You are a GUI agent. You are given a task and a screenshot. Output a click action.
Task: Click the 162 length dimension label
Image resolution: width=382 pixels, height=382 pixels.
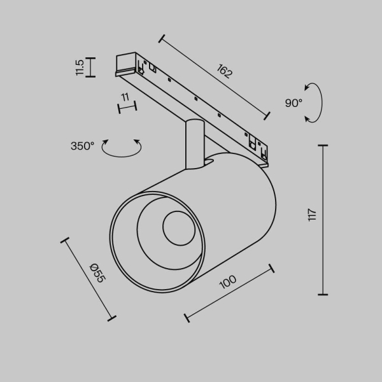pos(224,71)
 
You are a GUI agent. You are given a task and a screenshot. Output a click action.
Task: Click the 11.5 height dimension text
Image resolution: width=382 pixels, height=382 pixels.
pos(79,67)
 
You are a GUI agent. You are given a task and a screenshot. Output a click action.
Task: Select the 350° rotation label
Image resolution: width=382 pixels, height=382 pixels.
pos(82,146)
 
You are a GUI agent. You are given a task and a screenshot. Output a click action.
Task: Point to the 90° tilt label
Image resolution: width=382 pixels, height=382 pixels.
pos(294,103)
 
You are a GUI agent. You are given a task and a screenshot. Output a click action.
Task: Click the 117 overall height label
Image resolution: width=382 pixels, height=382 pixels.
pos(312,215)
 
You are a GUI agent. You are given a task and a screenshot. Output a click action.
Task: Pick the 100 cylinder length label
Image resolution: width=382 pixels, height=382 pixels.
pos(228,281)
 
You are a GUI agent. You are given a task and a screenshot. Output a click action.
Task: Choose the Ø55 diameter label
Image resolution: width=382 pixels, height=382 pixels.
pos(97,273)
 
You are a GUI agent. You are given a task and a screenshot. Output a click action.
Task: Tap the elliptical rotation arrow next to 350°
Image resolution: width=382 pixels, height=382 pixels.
pos(122,148)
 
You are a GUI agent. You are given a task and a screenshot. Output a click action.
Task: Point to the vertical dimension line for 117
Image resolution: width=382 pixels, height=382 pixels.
pos(323,220)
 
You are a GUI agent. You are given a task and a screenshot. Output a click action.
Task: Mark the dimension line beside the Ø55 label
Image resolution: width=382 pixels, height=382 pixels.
pos(88,279)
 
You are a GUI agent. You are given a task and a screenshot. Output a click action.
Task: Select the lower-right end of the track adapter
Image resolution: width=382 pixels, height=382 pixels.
pos(261,150)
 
